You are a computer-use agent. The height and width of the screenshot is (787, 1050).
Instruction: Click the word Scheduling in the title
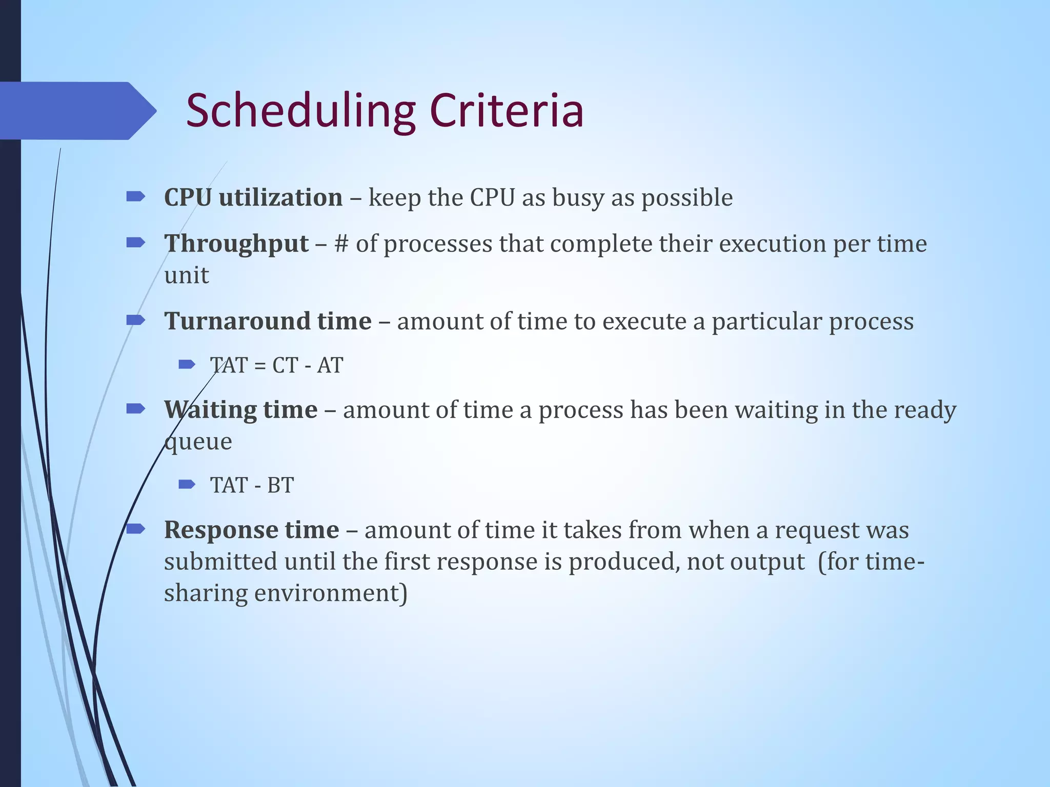[300, 111]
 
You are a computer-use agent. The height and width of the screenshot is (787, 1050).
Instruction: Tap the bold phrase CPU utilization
[253, 198]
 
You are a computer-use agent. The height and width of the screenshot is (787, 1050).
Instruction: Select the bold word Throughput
[236, 244]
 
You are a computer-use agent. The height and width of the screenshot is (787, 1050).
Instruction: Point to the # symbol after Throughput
[341, 244]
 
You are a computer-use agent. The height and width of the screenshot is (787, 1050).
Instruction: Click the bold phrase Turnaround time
[268, 322]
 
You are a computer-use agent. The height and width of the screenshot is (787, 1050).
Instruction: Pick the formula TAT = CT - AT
[276, 366]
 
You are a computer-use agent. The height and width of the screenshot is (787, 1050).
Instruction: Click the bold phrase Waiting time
[240, 410]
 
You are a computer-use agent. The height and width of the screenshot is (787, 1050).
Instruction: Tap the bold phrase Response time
[251, 530]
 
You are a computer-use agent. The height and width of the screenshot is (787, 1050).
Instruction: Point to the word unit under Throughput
[186, 276]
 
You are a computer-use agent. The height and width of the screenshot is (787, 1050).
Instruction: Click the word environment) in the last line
[331, 593]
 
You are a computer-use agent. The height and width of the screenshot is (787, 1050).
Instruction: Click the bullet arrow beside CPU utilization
[135, 196]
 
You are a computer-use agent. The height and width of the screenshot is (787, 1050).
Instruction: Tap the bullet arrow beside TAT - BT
[187, 484]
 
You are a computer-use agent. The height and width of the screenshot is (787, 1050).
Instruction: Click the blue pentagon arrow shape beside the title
[77, 111]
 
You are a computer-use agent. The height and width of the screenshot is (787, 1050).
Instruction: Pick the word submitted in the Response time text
[221, 562]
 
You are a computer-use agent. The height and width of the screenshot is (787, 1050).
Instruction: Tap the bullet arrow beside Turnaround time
[135, 320]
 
